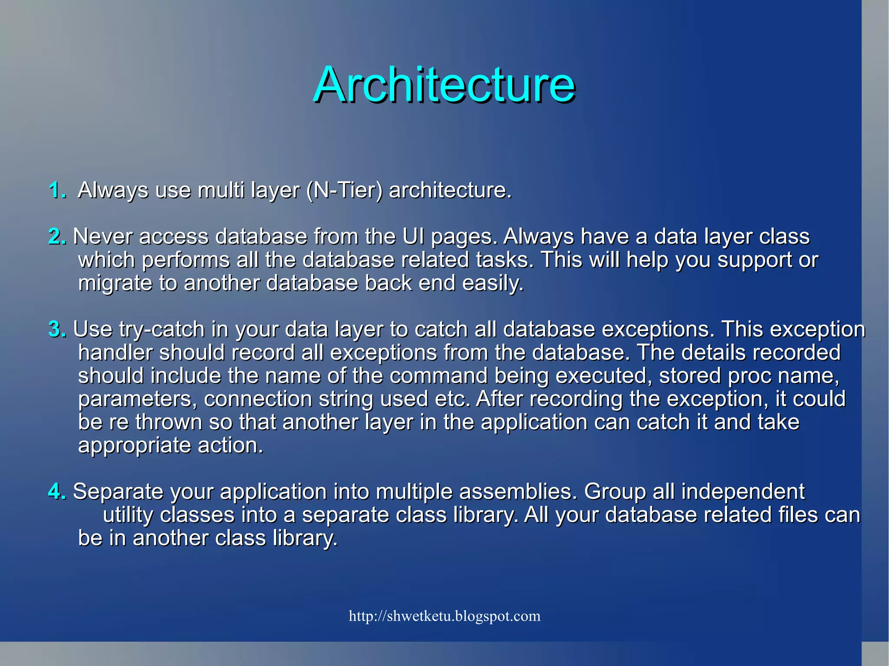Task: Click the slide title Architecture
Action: [x=444, y=85]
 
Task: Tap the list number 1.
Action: [x=57, y=190]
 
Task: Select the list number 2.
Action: [x=57, y=236]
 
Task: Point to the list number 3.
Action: [x=57, y=329]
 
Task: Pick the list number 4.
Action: [x=57, y=492]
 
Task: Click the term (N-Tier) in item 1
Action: [x=344, y=190]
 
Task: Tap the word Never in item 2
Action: [x=102, y=236]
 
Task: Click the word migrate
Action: [x=114, y=283]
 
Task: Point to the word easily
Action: [x=493, y=283]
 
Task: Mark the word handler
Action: [x=115, y=352]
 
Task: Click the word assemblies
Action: [x=518, y=492]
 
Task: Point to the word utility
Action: [x=128, y=515]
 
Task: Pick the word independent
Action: [x=742, y=492]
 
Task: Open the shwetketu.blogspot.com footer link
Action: [x=444, y=616]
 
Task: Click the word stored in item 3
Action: [x=690, y=376]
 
